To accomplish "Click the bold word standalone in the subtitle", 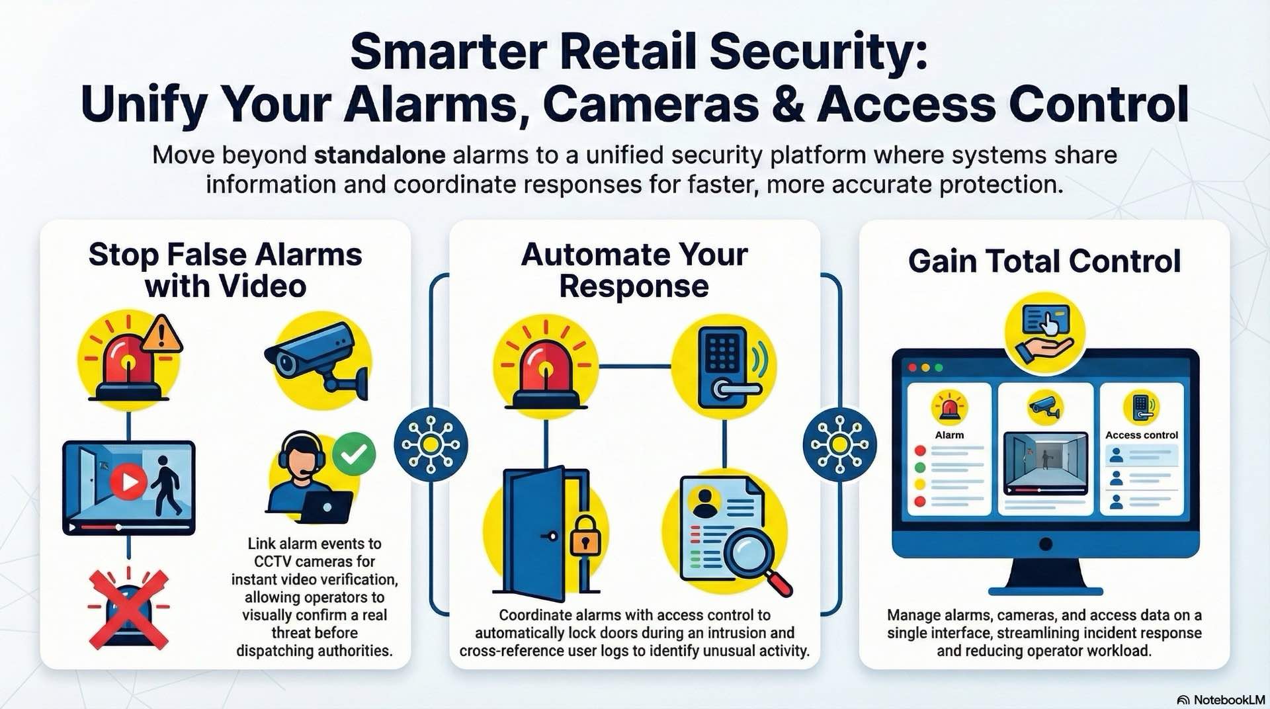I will tap(379, 155).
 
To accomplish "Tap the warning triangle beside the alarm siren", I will tap(161, 335).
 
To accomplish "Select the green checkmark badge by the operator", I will tap(354, 453).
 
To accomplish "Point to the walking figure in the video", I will tap(165, 485).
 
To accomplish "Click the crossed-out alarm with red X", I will tap(128, 609).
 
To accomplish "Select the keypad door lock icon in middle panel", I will tap(725, 368).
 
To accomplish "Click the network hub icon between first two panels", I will tap(431, 444).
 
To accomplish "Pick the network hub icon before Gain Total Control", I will tap(839, 444).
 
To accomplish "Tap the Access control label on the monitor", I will tap(1141, 435).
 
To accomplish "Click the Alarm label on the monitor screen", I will tap(949, 435).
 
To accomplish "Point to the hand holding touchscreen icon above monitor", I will tap(1044, 334).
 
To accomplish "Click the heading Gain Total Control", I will tap(1044, 261).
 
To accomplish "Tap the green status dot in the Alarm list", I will tap(919, 468).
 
